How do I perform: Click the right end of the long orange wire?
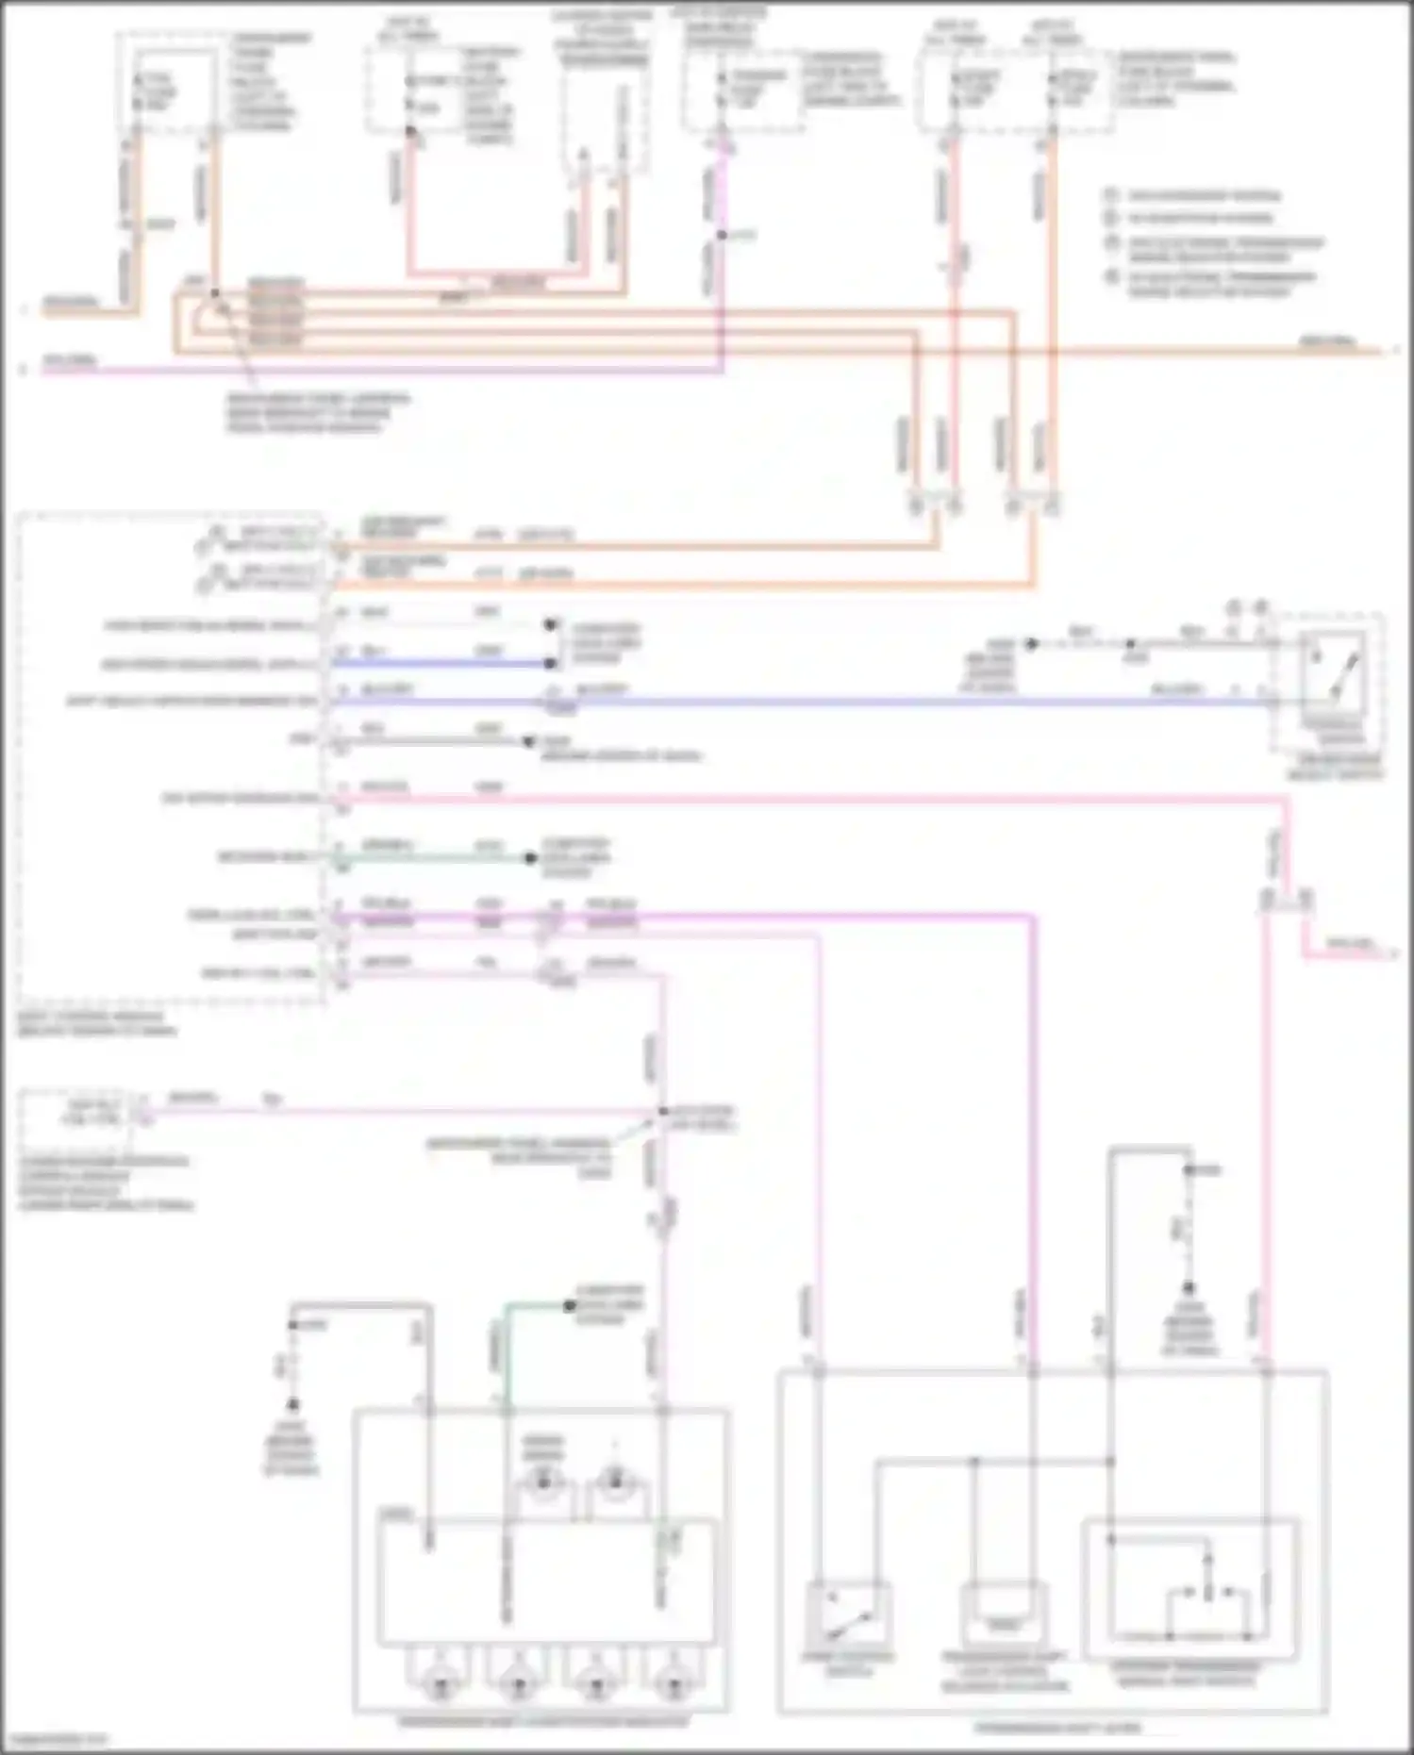1387,351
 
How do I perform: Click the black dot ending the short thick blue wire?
550,664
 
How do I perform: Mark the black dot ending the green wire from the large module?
531,858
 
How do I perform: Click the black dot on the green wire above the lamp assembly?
569,1306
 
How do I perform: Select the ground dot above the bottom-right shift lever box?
1189,1288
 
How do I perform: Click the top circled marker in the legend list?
1111,195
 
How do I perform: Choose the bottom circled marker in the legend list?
1111,278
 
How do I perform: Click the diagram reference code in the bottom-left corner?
55,1739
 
